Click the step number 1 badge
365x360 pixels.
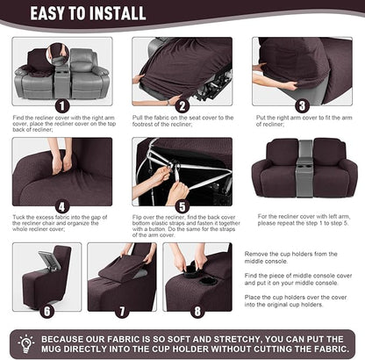tap(61, 105)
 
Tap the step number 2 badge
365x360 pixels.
tap(182, 106)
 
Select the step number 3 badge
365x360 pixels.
tap(301, 105)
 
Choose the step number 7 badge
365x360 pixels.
tap(122, 310)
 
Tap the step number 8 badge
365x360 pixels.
tap(197, 310)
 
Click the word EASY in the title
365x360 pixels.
tap(61, 13)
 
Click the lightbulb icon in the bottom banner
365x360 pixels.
tap(25, 342)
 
